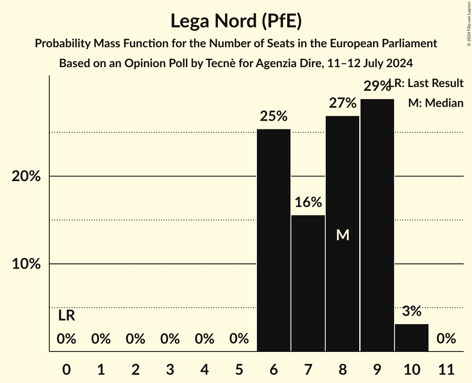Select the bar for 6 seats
tap(274, 240)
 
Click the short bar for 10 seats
tap(411, 337)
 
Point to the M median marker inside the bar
tap(343, 235)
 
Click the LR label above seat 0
tap(66, 316)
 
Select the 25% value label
tap(274, 116)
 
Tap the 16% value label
tap(308, 202)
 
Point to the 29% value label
tap(377, 86)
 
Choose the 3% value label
tap(411, 311)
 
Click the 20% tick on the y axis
tap(26, 177)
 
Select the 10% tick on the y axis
tap(26, 264)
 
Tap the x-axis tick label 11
tap(446, 368)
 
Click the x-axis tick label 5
tap(239, 368)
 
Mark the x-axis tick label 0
tap(66, 368)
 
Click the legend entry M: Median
tap(436, 103)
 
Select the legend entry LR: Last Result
tap(429, 83)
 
